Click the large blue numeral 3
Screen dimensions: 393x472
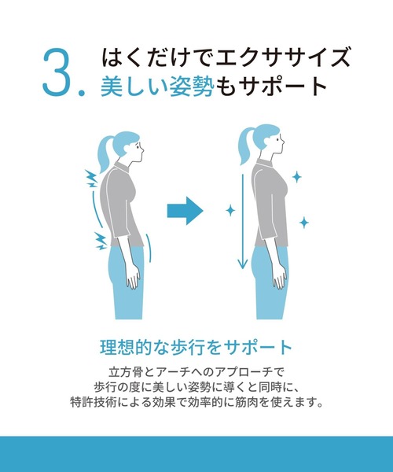58,73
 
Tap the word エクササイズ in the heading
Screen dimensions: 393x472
283,57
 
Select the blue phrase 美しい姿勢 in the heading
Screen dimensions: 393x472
157,87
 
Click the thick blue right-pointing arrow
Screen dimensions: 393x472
185,211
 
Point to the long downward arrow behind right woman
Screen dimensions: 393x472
242,222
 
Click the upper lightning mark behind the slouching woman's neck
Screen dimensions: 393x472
91,179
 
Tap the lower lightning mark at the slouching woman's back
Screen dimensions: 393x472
101,241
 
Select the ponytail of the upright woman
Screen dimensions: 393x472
245,146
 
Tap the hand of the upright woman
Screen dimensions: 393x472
280,277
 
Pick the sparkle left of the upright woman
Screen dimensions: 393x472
230,210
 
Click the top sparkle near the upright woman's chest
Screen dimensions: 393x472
297,177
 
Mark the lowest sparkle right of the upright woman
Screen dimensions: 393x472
304,223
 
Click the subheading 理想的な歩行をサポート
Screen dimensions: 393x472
196,348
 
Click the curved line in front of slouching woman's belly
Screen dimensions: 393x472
149,248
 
